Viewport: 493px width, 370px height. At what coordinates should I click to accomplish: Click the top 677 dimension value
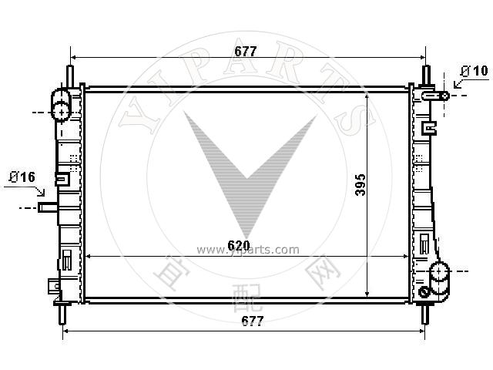click(x=246, y=52)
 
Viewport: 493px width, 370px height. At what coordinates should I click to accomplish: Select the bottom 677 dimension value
click(x=253, y=321)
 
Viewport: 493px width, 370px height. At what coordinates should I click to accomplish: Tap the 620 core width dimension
click(x=239, y=245)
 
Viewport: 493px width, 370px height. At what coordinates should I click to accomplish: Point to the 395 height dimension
click(x=361, y=185)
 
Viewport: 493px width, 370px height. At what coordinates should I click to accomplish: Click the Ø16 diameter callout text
click(x=22, y=177)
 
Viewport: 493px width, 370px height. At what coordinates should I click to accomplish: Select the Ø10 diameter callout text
click(x=475, y=71)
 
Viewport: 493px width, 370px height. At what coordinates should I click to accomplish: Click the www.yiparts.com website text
click(x=248, y=250)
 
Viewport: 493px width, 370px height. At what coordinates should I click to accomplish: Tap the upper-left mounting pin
click(x=70, y=76)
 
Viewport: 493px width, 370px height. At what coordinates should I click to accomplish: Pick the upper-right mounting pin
click(x=426, y=76)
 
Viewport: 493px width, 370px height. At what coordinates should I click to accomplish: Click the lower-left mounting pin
click(x=63, y=314)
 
